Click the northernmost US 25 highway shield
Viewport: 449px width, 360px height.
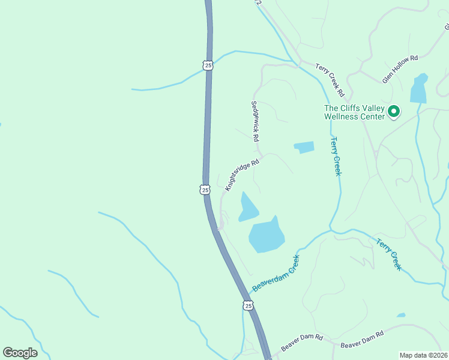point(208,65)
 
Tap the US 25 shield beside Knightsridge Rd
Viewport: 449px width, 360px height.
point(205,190)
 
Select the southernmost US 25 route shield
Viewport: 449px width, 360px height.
point(248,306)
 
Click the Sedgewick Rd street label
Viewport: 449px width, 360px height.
point(255,121)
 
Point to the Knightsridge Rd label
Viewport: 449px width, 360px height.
point(242,175)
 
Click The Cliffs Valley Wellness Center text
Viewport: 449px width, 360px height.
point(354,112)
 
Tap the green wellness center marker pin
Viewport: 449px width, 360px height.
point(394,111)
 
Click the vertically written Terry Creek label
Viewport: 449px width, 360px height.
point(336,156)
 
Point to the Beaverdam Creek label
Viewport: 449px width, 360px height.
point(276,273)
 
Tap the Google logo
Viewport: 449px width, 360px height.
point(20,353)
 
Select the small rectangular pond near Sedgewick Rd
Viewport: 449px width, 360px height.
point(304,147)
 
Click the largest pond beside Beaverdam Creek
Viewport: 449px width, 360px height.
point(267,236)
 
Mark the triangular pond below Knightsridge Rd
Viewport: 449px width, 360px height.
point(247,207)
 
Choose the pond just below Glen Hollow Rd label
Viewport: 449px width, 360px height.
point(418,90)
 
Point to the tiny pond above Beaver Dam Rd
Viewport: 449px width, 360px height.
point(400,315)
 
